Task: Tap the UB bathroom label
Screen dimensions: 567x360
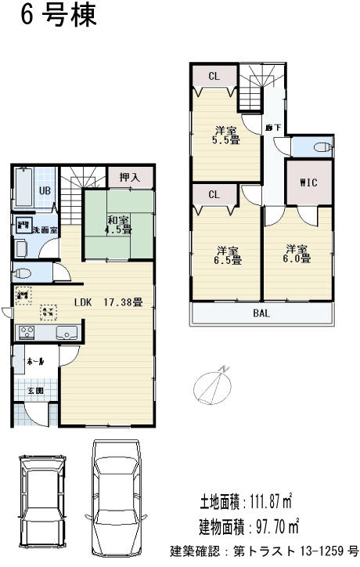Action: pyautogui.click(x=45, y=190)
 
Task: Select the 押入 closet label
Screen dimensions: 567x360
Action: pyautogui.click(x=130, y=178)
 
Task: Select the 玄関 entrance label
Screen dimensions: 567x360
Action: pyautogui.click(x=36, y=389)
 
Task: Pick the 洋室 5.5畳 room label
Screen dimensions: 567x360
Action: pyautogui.click(x=228, y=135)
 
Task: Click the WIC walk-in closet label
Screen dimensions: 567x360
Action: pyautogui.click(x=309, y=183)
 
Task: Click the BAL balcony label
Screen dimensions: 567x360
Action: pyautogui.click(x=262, y=314)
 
